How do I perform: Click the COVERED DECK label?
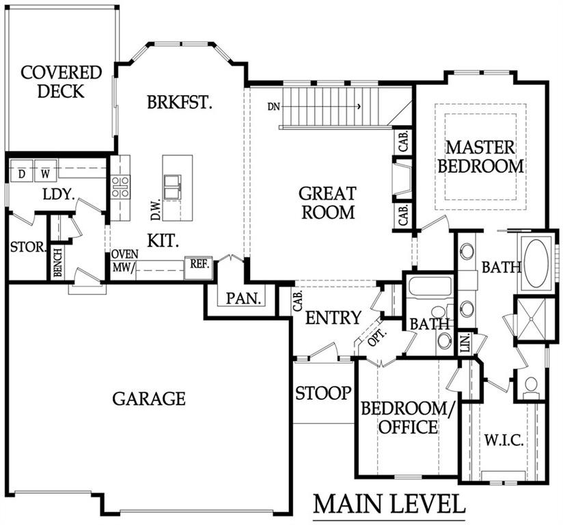point(61,82)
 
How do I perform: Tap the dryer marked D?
point(22,171)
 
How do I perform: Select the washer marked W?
point(45,171)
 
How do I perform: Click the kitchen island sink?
point(173,187)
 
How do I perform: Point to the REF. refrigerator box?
point(199,268)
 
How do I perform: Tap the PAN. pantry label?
point(243,298)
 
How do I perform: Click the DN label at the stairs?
point(273,107)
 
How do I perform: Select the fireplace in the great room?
point(402,179)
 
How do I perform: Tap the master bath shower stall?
point(531,319)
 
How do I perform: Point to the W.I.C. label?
point(504,440)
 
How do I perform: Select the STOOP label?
point(322,393)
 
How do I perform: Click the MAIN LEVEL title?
point(389,504)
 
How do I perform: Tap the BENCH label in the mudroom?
point(57,263)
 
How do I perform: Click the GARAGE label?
point(149,399)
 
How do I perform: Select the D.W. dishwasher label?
point(156,211)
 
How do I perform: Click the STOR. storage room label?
point(29,247)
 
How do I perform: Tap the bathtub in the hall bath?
point(430,286)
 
